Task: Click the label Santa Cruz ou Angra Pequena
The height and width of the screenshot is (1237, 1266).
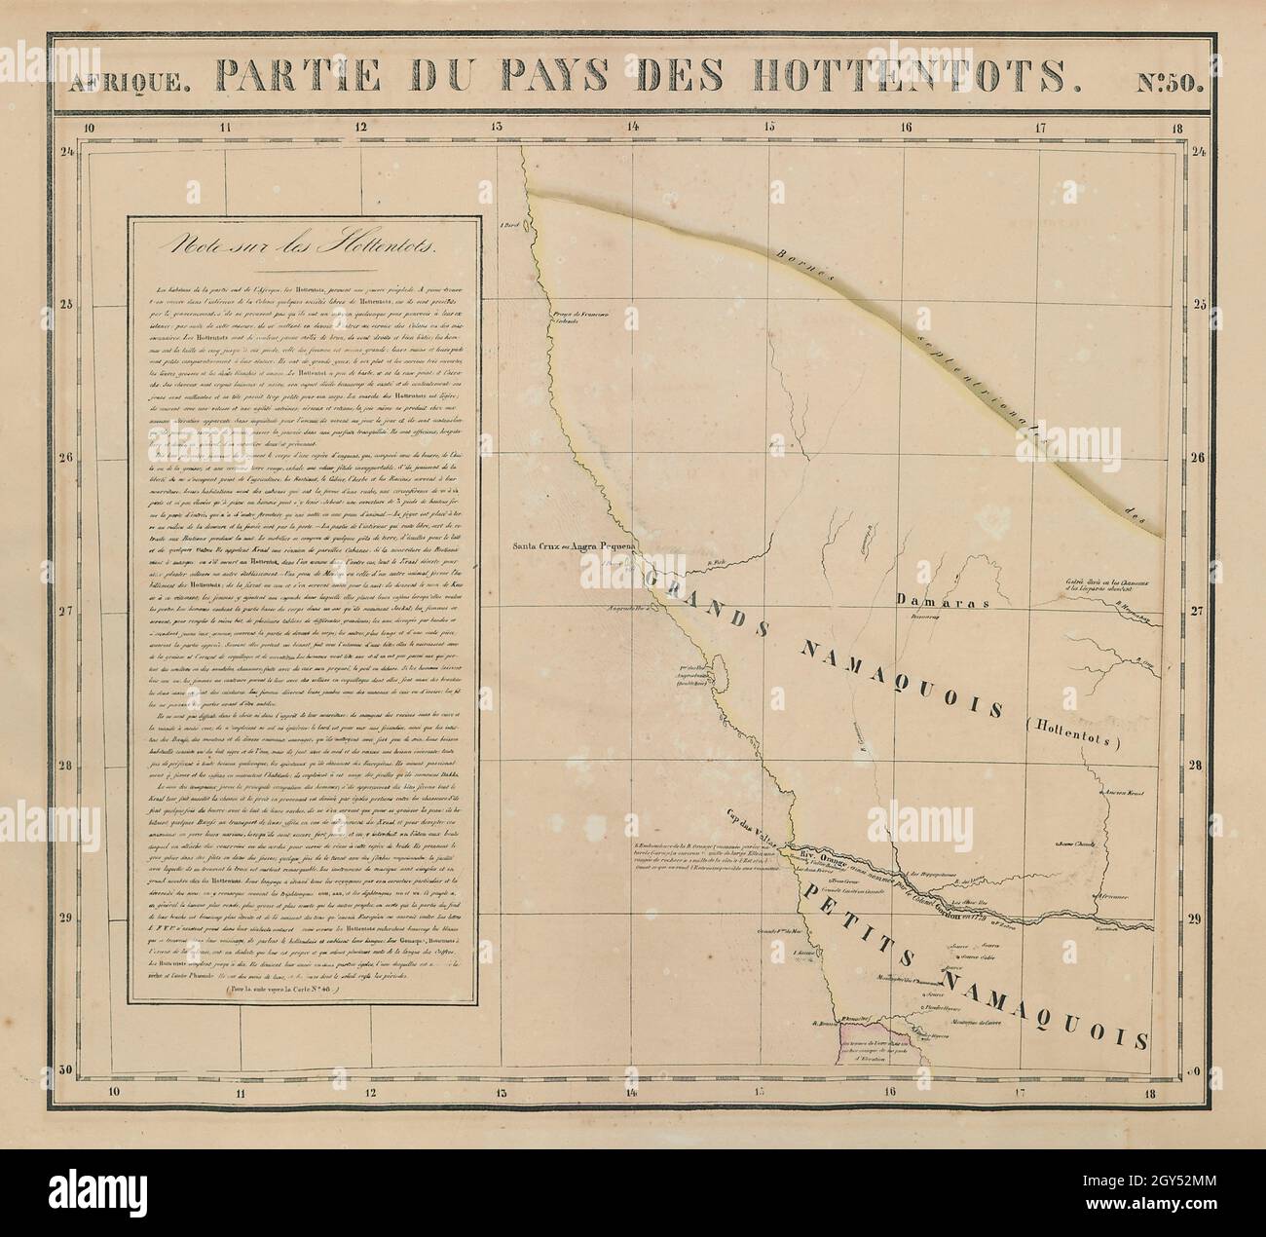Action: click(574, 545)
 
